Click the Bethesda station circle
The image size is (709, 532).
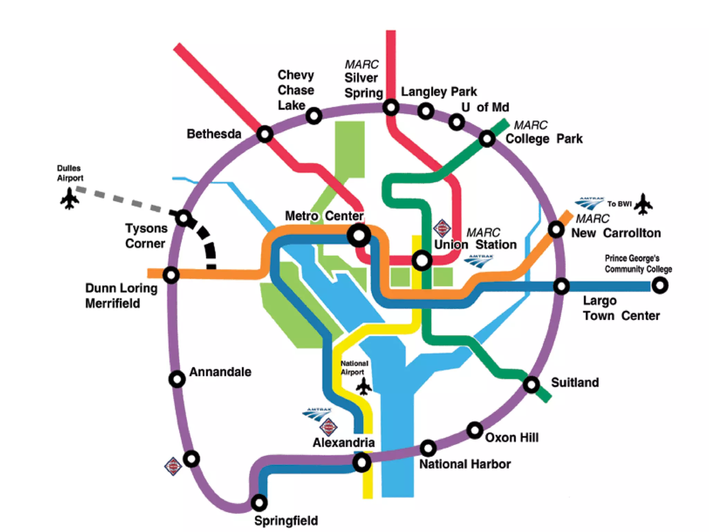click(265, 134)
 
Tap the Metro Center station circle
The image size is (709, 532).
click(359, 236)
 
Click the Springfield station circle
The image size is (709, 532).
click(259, 502)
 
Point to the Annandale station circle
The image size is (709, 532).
click(177, 379)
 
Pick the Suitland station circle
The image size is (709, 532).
click(531, 384)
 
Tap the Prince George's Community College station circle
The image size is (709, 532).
click(660, 286)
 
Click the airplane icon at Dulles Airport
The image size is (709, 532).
click(70, 198)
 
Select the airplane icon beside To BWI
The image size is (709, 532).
click(643, 204)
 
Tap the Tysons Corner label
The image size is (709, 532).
click(146, 236)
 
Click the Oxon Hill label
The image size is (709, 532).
click(512, 437)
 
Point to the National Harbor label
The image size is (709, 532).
click(465, 464)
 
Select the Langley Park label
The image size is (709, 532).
click(439, 92)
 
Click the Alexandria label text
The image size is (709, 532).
click(344, 443)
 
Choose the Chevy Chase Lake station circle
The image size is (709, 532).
click(314, 116)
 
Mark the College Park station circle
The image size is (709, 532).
click(487, 139)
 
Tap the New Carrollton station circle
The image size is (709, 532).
click(556, 229)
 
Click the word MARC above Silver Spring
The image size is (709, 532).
click(361, 64)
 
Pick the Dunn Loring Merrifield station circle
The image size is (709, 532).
click(171, 275)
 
